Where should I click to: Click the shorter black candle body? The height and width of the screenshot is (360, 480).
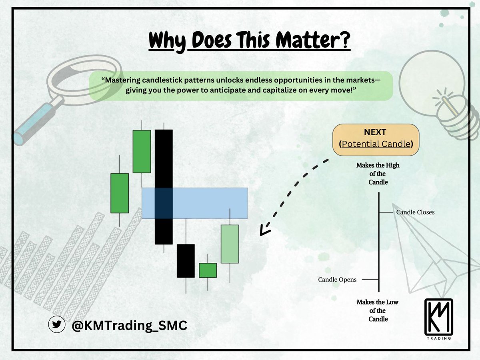(x=186, y=260)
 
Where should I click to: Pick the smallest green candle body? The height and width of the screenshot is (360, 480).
(x=208, y=270)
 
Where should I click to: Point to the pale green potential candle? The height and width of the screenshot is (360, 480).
(x=230, y=244)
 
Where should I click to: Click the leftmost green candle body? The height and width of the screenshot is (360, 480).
(x=120, y=193)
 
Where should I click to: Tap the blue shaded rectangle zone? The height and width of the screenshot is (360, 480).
(x=208, y=203)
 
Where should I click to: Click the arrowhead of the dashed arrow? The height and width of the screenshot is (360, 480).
(x=263, y=231)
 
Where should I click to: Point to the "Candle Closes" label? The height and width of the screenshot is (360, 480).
(x=415, y=212)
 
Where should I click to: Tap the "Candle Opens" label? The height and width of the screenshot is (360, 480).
(x=337, y=280)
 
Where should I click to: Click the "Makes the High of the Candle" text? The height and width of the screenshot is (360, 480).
(x=378, y=174)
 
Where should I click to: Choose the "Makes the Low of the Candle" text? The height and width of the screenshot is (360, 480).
(x=377, y=310)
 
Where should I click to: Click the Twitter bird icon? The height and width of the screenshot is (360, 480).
(x=56, y=325)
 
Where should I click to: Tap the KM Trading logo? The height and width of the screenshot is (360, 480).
(x=438, y=319)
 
